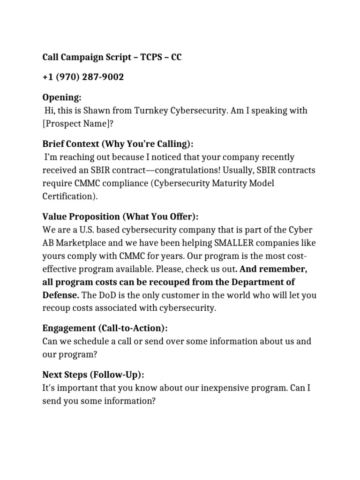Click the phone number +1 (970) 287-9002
(83, 77)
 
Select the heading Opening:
(62, 97)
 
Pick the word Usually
(248, 170)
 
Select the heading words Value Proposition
(81, 217)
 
